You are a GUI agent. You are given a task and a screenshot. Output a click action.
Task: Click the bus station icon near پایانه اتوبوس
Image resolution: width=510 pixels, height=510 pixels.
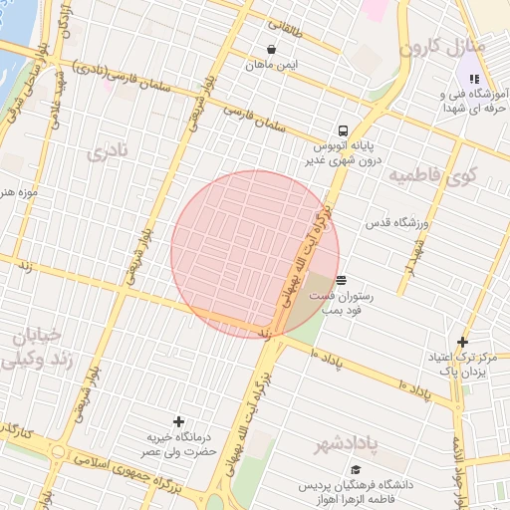[x=343, y=129]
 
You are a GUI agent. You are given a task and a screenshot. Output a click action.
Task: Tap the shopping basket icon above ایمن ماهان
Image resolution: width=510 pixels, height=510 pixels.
[x=271, y=49]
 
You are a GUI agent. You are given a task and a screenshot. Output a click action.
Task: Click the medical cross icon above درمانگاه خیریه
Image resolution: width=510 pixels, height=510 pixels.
[x=178, y=422]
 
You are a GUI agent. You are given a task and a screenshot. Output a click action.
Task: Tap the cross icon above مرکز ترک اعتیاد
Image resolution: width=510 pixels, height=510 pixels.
[x=462, y=343]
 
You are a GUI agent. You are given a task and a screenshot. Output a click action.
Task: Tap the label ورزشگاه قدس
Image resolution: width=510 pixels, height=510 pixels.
[x=395, y=223]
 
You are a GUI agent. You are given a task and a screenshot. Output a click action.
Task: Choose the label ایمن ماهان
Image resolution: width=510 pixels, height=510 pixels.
[x=274, y=66]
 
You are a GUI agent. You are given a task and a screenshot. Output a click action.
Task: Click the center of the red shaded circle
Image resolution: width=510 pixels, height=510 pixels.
[x=255, y=254]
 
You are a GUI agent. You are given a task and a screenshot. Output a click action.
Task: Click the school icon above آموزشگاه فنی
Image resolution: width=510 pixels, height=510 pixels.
[x=474, y=79]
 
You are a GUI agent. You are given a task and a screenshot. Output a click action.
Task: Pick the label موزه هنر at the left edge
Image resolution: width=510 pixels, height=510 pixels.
[x=20, y=190]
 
